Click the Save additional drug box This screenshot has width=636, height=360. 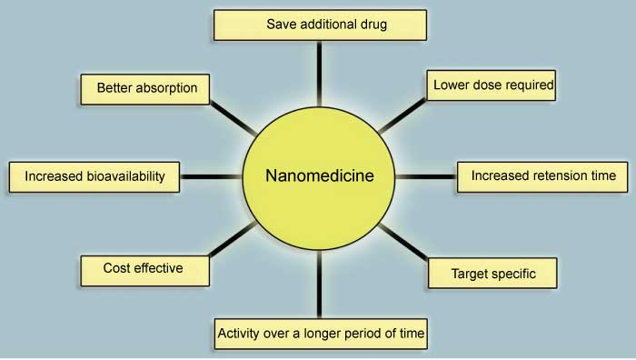tap(320, 25)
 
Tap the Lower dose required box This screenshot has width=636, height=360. tap(490, 85)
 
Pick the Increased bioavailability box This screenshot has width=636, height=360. tap(94, 176)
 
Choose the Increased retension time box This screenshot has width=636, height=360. tap(542, 175)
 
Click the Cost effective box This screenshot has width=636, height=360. tap(144, 268)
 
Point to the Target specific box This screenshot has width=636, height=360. tap(492, 273)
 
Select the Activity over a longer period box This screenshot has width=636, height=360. tap(320, 334)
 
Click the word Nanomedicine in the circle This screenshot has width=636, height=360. tap(320, 175)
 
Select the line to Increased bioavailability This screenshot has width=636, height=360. tap(211, 175)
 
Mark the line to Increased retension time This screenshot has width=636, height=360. tap(425, 175)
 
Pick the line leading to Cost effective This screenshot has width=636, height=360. tap(233, 239)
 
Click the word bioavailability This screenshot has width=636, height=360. tap(124, 176)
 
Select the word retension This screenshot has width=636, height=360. tap(555, 175)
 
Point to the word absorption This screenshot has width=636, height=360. tap(170, 89)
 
